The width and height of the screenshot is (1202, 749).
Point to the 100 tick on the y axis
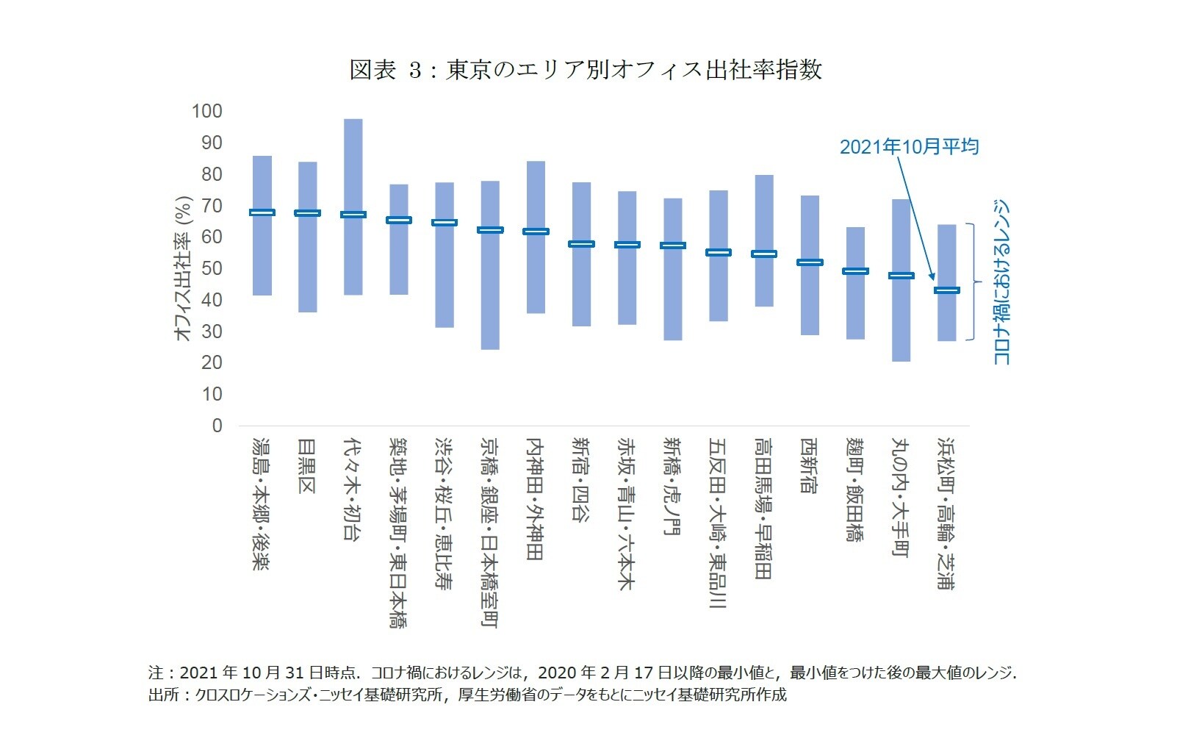point(206,112)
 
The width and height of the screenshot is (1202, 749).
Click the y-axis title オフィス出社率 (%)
point(183,268)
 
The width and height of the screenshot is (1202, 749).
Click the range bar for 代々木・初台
point(353,169)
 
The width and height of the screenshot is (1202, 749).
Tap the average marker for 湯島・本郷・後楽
point(262,212)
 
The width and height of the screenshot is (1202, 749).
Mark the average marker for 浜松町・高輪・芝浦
point(946,290)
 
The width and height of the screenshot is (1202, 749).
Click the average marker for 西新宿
point(810,262)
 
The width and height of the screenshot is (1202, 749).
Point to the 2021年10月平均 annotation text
point(909,147)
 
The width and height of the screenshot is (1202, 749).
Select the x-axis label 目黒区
point(307,466)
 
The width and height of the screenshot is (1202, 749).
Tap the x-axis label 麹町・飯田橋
point(855,490)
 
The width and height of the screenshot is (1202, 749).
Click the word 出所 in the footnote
point(159,695)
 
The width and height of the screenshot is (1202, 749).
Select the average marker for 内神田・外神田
point(536,232)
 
